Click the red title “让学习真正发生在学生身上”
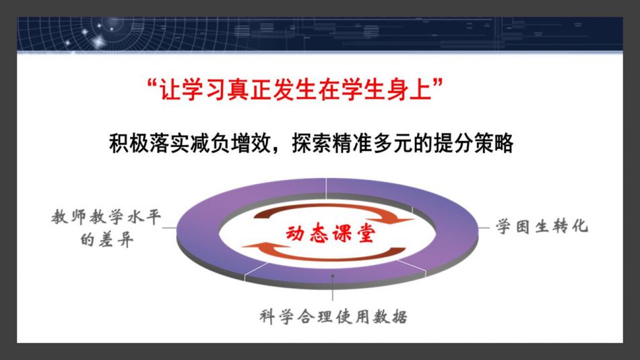(294, 89)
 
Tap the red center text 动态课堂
(330, 233)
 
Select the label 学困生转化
(542, 226)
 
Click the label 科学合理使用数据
(333, 317)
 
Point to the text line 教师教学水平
(106, 216)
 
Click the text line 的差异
(107, 240)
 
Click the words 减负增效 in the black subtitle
(230, 144)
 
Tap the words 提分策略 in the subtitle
(473, 144)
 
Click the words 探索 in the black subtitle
(311, 144)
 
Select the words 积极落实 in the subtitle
(150, 144)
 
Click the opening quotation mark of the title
(152, 83)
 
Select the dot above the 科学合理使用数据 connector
(333, 276)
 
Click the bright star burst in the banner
(98, 42)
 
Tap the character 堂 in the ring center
(366, 234)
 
